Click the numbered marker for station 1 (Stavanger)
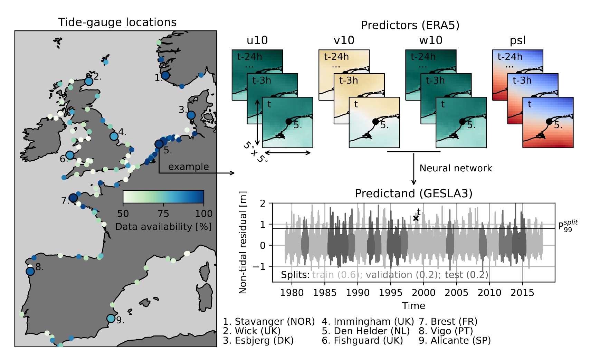165,75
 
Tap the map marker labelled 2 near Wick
89,81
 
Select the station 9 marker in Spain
111,318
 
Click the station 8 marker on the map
30,271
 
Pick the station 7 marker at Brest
73,198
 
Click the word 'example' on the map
188,167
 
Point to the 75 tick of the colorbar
163,214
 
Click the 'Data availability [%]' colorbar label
163,227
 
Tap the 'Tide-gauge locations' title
117,22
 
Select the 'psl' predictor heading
517,40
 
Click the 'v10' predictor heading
344,40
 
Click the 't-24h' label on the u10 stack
249,57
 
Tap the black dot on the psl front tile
549,121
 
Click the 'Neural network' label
455,168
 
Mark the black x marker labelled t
416,218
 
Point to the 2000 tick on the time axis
424,293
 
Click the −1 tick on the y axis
260,266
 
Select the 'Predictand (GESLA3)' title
413,193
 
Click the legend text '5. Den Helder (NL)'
365,331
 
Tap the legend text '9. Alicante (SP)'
455,340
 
